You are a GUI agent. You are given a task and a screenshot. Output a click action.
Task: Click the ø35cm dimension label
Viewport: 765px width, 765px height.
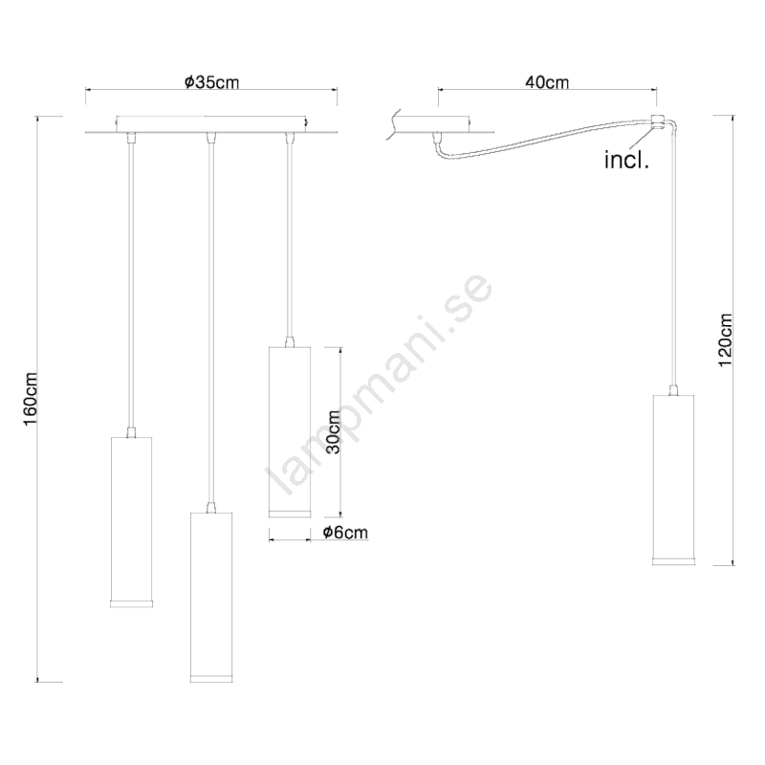(x=212, y=82)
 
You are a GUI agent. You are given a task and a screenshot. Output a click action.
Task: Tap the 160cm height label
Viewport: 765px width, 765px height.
(x=31, y=399)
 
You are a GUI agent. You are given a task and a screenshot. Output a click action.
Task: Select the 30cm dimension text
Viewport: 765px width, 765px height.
(x=334, y=431)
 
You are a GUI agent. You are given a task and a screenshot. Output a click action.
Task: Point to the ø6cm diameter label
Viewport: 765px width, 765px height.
(x=345, y=533)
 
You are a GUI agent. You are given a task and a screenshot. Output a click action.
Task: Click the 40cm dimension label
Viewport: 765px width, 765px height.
(x=547, y=82)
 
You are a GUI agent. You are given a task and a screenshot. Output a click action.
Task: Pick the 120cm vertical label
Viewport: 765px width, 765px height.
(x=725, y=340)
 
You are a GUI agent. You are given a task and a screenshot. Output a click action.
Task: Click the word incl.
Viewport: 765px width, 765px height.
(x=626, y=160)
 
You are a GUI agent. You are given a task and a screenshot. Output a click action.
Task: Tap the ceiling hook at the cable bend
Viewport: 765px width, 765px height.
(x=657, y=122)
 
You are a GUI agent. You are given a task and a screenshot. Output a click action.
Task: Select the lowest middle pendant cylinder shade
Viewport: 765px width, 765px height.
(x=211, y=597)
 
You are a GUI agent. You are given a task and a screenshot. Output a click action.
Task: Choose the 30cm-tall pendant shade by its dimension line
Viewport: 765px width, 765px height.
(x=290, y=432)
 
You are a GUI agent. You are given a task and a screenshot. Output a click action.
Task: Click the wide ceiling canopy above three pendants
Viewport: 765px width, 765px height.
(x=211, y=124)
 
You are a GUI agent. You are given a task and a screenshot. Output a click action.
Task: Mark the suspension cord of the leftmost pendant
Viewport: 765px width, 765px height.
(x=131, y=285)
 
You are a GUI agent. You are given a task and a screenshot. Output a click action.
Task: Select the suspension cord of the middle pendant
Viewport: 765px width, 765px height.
(x=210, y=323)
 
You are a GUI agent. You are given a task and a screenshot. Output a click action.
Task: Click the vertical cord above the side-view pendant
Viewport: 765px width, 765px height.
(x=674, y=256)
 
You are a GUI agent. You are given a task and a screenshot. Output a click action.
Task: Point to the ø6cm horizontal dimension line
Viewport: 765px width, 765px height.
(x=290, y=540)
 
